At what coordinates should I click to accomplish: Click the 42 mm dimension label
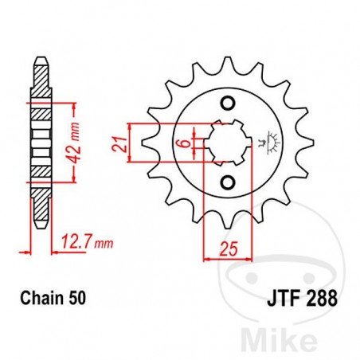[72, 137]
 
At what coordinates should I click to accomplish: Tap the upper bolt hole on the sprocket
[225, 104]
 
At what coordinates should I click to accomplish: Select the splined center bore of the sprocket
[225, 143]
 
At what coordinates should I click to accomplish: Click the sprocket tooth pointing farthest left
[145, 143]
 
